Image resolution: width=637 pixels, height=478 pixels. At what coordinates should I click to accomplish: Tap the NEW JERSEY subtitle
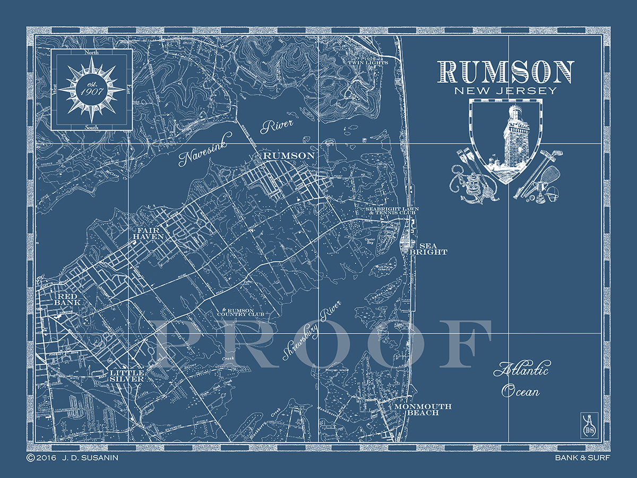pos(506,90)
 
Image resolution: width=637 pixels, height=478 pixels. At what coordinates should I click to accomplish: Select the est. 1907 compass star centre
pos(91,89)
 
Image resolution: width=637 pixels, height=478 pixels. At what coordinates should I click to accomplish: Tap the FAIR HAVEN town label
pos(148,233)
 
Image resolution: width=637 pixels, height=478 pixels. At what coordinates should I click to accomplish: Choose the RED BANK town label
pos(69,299)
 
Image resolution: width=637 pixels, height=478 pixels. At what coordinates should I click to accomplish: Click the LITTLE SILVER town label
pos(127,376)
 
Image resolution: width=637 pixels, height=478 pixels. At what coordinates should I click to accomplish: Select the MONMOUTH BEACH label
pos(423,409)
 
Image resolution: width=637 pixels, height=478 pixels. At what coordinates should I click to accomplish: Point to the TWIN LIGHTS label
pos(368,63)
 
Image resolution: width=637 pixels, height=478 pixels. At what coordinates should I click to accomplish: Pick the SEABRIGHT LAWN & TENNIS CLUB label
pos(392,211)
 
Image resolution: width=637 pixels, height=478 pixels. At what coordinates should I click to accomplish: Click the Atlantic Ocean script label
pos(521,379)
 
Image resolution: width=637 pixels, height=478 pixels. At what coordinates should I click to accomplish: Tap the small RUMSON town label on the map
pos(289,155)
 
